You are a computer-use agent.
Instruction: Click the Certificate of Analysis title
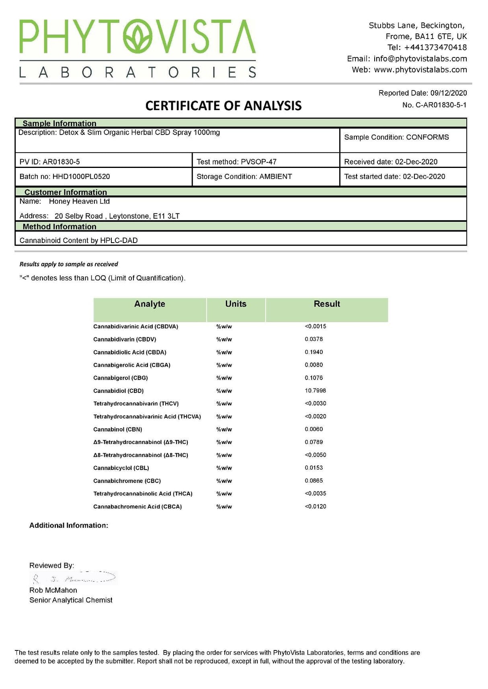(223, 106)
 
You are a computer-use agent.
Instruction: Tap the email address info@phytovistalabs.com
(420, 59)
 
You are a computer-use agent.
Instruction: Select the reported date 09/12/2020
(449, 93)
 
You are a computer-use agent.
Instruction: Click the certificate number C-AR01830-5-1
(441, 105)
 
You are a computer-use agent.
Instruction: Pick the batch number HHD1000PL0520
(81, 177)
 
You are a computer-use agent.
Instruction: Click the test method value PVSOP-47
(258, 162)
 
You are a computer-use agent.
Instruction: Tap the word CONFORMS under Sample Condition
(427, 137)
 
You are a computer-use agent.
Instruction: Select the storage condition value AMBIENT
(276, 177)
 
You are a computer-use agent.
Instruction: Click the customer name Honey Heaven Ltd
(79, 201)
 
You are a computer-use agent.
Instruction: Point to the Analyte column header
(150, 304)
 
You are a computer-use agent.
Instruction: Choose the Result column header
(327, 304)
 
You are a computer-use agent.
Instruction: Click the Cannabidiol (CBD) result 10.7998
(316, 391)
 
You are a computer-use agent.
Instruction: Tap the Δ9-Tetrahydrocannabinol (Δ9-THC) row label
(141, 442)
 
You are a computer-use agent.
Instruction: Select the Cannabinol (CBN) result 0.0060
(314, 429)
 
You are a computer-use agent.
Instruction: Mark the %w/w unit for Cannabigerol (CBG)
(224, 378)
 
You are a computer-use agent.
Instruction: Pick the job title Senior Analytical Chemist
(71, 600)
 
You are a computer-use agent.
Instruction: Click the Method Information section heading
(59, 227)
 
